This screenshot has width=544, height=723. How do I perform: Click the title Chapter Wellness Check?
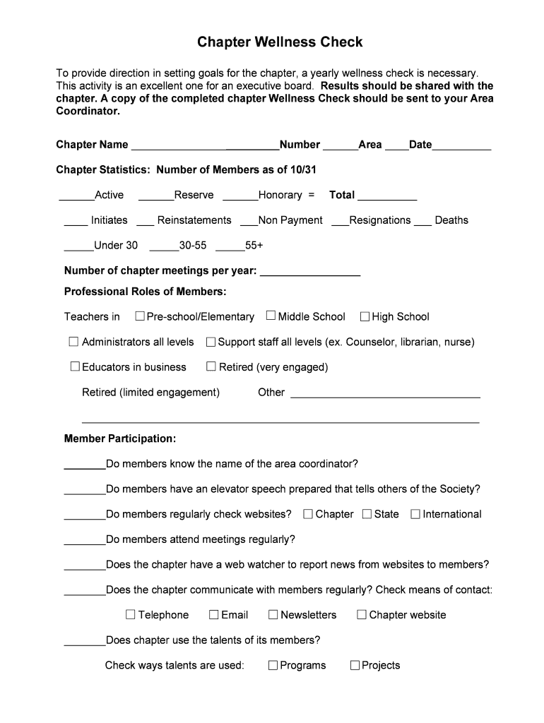point(280,42)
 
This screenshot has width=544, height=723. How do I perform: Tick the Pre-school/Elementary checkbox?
point(140,316)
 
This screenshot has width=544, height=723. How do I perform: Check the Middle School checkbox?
point(271,316)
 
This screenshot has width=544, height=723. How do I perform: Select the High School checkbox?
point(365,316)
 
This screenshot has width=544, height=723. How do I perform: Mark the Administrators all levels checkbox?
point(73,342)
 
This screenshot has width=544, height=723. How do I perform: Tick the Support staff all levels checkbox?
point(211,342)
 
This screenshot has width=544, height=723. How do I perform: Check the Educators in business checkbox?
point(75,366)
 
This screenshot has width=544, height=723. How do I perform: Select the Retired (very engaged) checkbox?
point(211,366)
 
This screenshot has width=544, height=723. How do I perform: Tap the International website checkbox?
point(415,514)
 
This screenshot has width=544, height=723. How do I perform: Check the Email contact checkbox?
point(214,615)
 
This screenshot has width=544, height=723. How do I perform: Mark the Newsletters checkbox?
point(273,615)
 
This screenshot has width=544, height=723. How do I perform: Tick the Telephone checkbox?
point(131,615)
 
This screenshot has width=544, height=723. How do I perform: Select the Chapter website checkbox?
point(362,615)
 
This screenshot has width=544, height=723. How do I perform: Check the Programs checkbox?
point(273,665)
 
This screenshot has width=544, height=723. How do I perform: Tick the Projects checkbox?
point(355,665)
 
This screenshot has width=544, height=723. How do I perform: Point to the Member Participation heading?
point(120,438)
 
